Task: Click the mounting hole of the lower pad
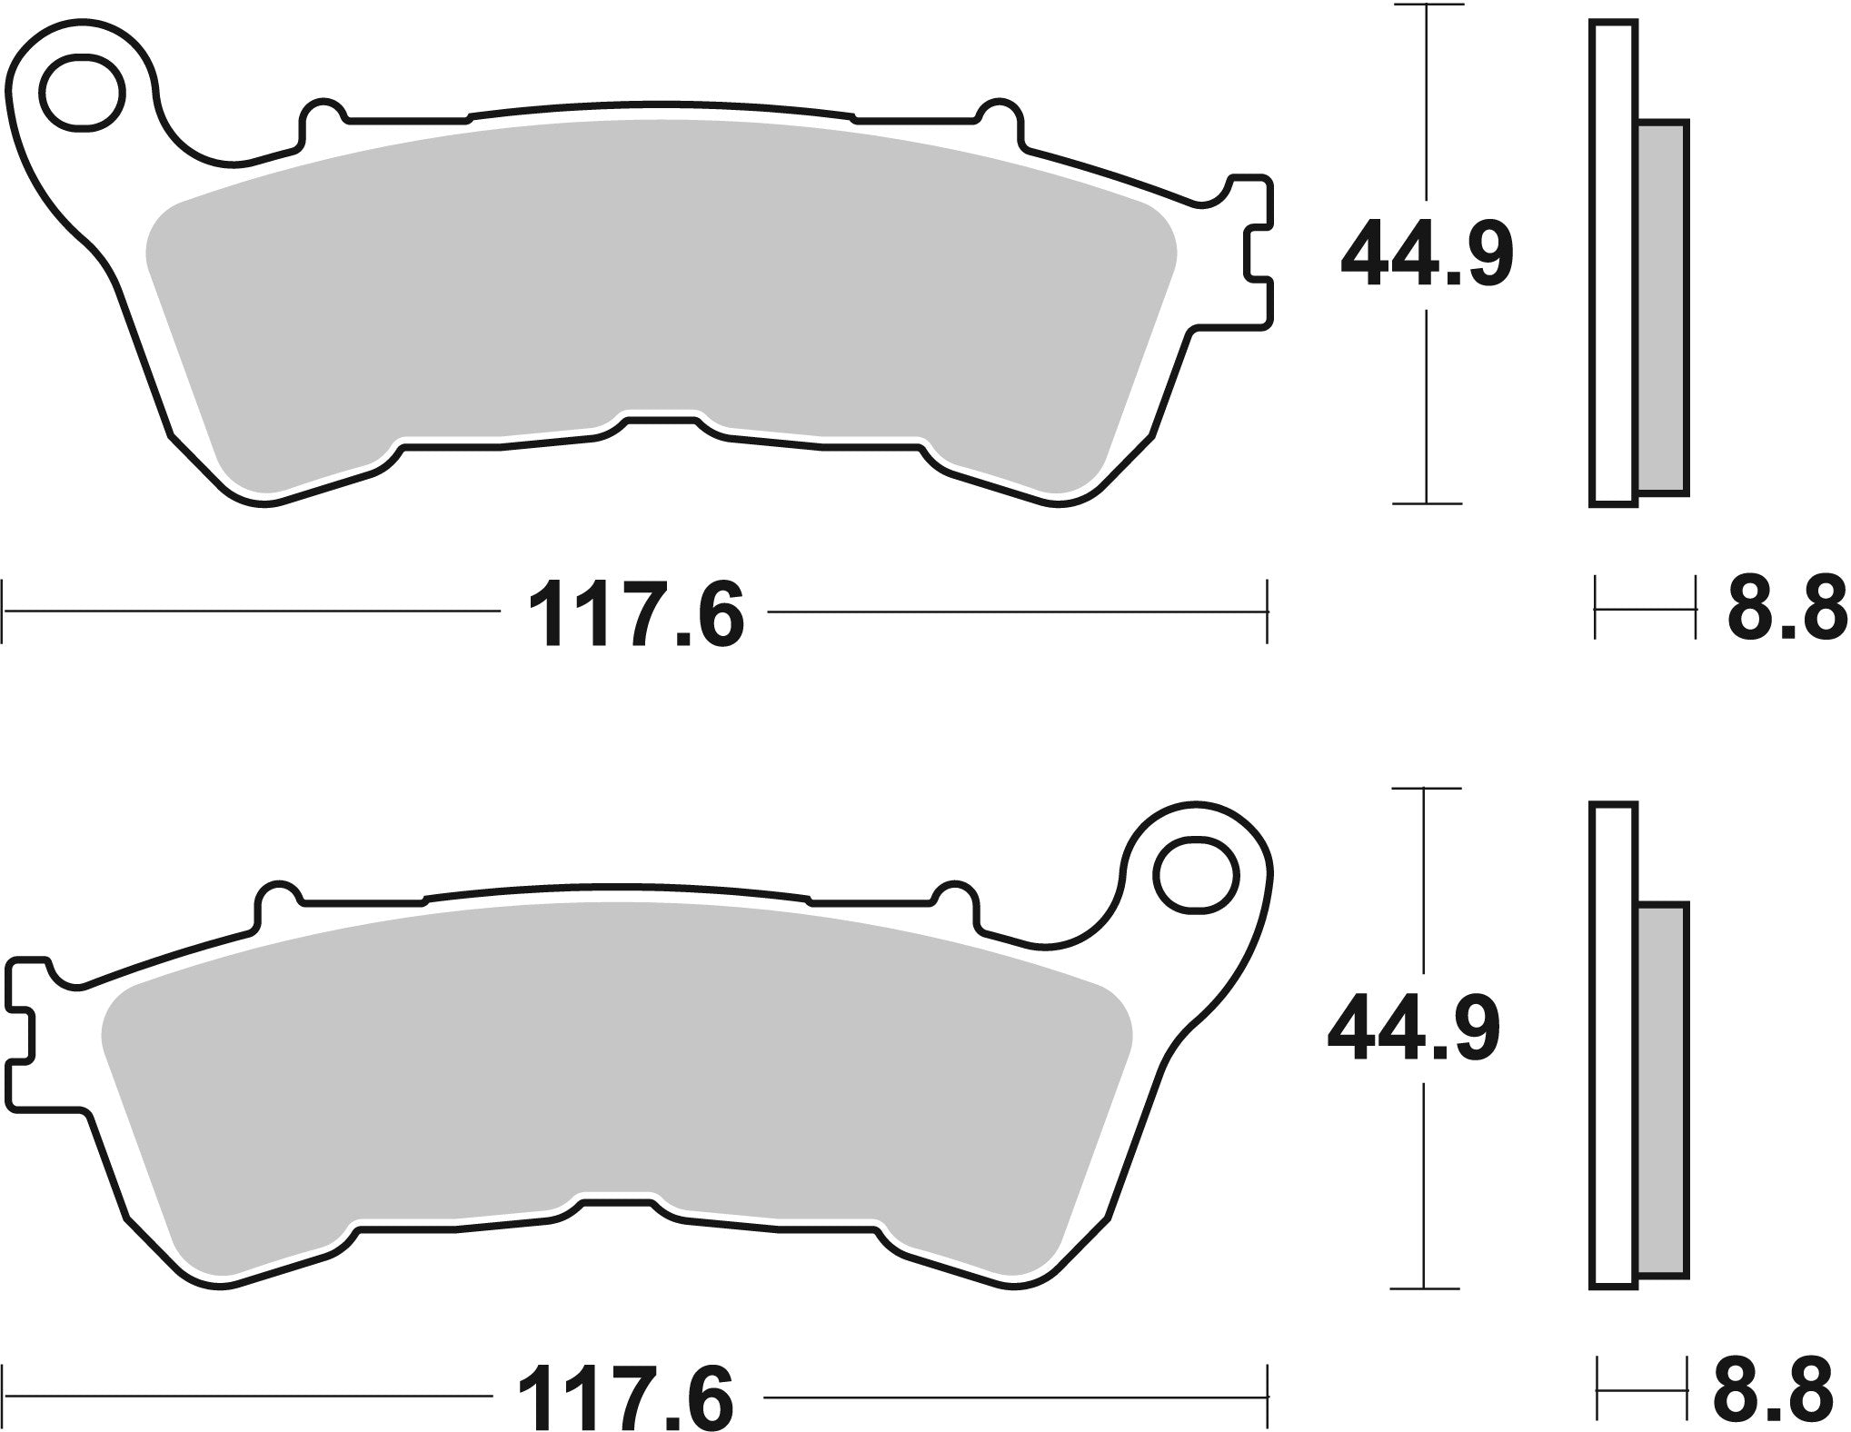(x=1198, y=875)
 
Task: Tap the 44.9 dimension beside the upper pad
(x=1427, y=255)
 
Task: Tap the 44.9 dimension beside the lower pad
(x=1413, y=1033)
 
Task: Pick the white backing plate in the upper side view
(x=1614, y=264)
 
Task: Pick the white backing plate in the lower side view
(x=1614, y=1045)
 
